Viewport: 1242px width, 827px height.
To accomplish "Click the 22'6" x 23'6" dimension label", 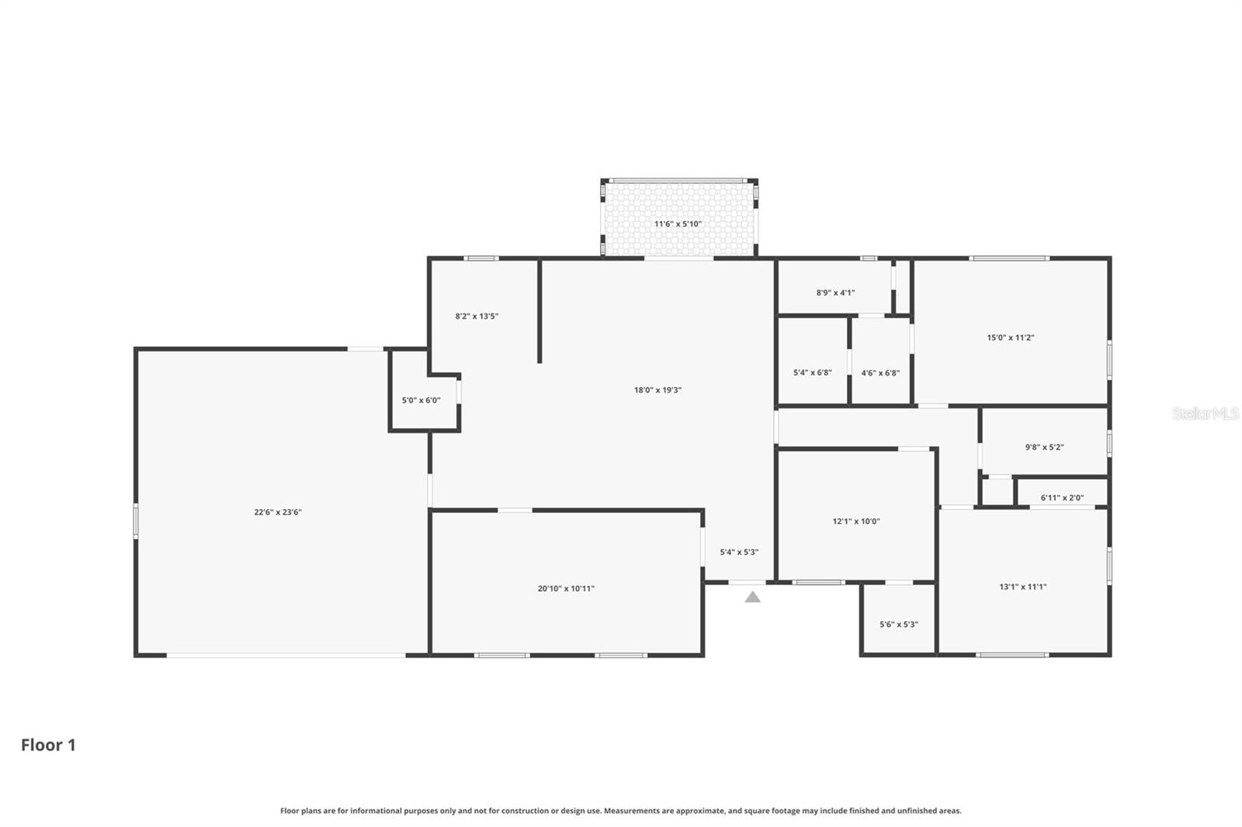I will point(277,512).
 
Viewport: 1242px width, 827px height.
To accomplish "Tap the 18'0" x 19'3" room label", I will point(657,390).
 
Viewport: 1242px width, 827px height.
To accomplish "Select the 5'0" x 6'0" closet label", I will point(421,400).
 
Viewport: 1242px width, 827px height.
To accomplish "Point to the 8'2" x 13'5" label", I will point(477,316).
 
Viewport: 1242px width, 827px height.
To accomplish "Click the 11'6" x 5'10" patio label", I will point(678,224).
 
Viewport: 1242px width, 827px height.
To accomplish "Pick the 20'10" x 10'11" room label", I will point(566,589).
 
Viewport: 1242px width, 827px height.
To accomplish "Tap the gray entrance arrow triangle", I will point(752,597).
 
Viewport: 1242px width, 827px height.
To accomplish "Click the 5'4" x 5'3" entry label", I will point(739,552).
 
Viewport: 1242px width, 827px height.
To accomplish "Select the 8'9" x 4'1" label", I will point(835,292).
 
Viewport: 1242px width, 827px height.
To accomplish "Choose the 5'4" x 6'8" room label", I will point(812,372).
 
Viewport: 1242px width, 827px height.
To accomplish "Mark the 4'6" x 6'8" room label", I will point(880,372).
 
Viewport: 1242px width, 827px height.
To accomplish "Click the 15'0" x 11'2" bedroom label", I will point(1010,337).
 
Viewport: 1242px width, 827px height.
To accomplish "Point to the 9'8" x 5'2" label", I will point(1044,447).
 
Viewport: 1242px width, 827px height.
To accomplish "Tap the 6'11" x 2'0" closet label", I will point(1062,498).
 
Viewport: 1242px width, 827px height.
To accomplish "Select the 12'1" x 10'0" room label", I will point(856,521).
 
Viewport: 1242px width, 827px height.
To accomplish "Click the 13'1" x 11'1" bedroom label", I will point(1022,587).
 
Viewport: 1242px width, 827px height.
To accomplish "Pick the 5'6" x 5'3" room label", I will point(898,625).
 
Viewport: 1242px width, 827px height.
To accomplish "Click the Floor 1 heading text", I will point(48,745).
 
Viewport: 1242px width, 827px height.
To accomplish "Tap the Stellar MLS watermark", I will point(1205,413).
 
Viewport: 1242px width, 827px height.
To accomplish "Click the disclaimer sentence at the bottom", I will point(620,811).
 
